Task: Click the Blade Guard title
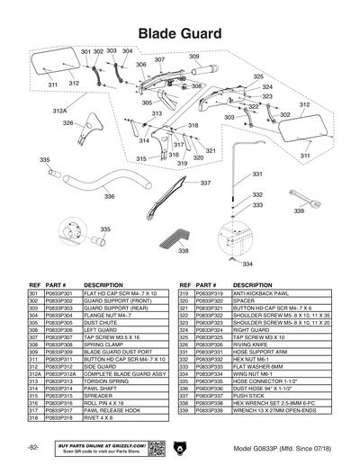[x=180, y=32]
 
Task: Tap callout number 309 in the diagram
[x=193, y=57]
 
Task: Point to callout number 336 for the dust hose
[x=109, y=196]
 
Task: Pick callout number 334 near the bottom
[x=247, y=264]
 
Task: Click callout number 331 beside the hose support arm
[x=256, y=174]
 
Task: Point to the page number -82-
[x=33, y=447]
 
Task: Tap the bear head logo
[x=180, y=447]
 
